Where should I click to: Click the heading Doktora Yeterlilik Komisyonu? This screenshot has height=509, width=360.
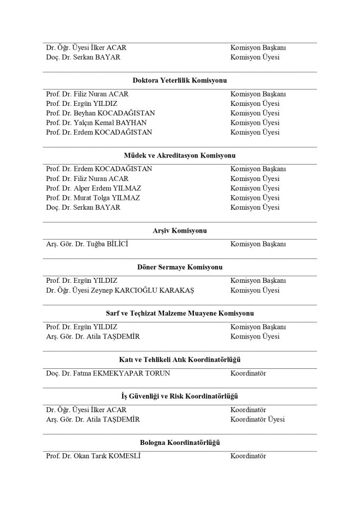click(x=180, y=80)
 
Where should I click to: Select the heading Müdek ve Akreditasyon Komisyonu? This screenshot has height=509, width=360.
click(x=180, y=155)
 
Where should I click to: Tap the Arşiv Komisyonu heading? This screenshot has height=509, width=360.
click(x=180, y=231)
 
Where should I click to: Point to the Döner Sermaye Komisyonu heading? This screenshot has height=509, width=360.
click(x=180, y=267)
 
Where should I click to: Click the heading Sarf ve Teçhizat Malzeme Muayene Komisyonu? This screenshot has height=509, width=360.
click(x=180, y=314)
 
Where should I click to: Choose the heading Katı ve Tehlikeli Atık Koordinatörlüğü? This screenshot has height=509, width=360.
click(x=180, y=359)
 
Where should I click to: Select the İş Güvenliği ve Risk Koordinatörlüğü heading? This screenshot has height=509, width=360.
click(x=180, y=396)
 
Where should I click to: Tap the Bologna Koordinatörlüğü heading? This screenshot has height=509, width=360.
click(x=180, y=442)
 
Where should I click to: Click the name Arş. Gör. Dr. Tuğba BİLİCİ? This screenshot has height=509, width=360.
click(x=90, y=244)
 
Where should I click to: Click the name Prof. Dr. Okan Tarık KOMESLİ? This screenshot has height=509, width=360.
click(x=93, y=456)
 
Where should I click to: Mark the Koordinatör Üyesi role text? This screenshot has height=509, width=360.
click(x=258, y=420)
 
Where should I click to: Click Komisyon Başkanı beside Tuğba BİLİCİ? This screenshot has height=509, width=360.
click(x=258, y=244)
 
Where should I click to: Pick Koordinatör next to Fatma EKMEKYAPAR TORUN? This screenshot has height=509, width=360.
click(x=248, y=373)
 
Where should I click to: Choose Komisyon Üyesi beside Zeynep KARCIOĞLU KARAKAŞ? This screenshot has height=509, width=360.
click(x=255, y=290)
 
